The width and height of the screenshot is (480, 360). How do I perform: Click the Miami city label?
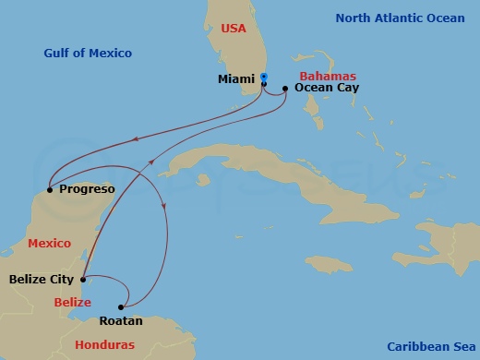(x=235, y=80)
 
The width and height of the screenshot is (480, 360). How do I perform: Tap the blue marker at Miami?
(x=264, y=78)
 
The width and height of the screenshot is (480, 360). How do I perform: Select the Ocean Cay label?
(x=327, y=88)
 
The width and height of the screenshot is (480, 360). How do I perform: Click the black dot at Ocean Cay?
(x=285, y=89)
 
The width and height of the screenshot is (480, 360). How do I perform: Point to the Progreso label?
(x=86, y=189)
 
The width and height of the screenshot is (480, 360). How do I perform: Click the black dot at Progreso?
(x=50, y=190)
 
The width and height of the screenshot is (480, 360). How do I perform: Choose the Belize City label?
(x=42, y=278)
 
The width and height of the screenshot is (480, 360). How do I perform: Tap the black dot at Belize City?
(x=83, y=279)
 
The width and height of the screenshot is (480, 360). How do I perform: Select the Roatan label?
(x=120, y=321)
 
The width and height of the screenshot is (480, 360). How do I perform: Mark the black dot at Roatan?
(x=121, y=307)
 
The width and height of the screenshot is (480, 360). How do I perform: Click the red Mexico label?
(x=50, y=243)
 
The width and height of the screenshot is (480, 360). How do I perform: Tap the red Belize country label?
(x=72, y=302)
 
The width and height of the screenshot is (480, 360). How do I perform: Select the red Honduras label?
(x=104, y=344)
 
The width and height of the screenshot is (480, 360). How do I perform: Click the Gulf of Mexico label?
(x=88, y=54)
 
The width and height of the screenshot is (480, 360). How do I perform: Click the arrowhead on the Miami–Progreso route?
(x=136, y=139)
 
